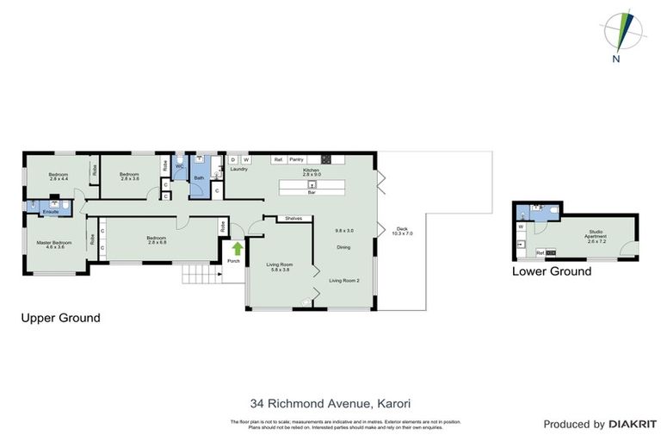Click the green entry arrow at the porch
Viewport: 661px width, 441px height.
point(237,250)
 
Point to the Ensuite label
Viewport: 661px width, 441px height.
point(38,211)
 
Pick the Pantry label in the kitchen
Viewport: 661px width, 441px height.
point(297,159)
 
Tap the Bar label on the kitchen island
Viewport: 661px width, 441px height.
point(313,193)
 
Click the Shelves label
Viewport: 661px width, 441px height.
point(293,219)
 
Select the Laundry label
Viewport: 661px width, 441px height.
point(239,169)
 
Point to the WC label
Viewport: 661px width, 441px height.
point(180,166)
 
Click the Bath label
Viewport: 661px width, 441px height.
point(199,178)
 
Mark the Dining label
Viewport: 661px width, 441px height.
point(343,248)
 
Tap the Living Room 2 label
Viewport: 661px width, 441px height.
point(343,281)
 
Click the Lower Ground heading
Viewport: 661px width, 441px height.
point(552,271)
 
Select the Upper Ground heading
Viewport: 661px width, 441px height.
point(60,318)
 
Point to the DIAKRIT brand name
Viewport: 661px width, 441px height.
point(633,424)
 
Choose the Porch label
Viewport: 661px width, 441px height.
point(232,262)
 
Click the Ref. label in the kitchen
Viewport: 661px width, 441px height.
point(278,159)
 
